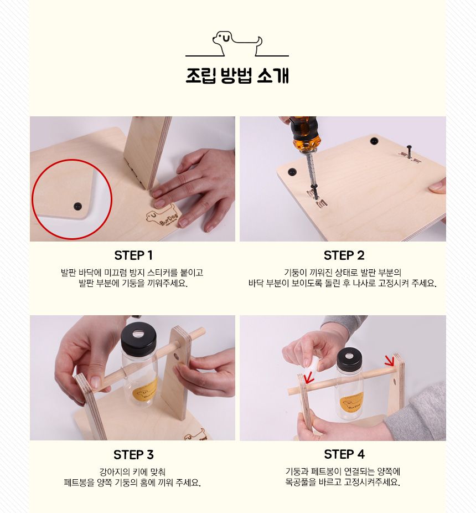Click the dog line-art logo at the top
237,44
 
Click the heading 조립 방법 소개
237,76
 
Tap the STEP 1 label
133,255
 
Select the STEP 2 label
344,255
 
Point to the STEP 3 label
133,455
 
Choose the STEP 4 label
344,454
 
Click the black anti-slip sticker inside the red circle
77,207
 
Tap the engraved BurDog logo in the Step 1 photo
162,216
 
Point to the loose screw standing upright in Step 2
409,151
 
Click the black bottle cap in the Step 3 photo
138,336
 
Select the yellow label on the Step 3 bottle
146,391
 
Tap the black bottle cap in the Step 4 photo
349,358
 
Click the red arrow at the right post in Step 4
390,361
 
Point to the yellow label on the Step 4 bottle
351,402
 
